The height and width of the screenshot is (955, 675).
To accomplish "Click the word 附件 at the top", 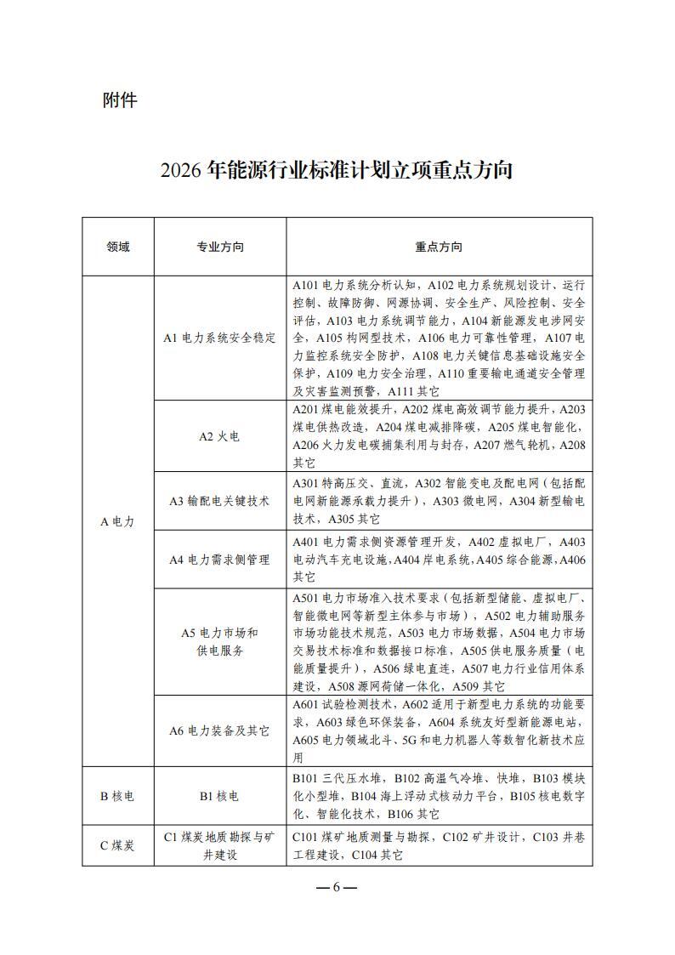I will pyautogui.click(x=119, y=99).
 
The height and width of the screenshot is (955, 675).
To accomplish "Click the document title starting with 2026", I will pyautogui.click(x=337, y=169).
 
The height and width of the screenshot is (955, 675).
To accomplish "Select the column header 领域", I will pyautogui.click(x=118, y=247).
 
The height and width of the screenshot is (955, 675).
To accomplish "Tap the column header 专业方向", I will pyautogui.click(x=219, y=247).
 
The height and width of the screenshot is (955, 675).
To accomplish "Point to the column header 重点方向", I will pyautogui.click(x=439, y=247).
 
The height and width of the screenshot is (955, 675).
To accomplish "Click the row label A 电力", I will pyautogui.click(x=118, y=521).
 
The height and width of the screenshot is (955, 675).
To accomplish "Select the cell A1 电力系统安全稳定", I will pyautogui.click(x=219, y=338).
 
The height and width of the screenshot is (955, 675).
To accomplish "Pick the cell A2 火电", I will pyautogui.click(x=219, y=436).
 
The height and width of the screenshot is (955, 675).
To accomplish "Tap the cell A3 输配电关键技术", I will pyautogui.click(x=219, y=501).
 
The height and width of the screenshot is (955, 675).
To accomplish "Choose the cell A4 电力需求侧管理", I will pyautogui.click(x=219, y=559).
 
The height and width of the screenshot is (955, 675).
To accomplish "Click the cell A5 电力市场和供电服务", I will pyautogui.click(x=219, y=641).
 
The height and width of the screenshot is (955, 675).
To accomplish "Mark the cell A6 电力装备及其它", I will pyautogui.click(x=219, y=730).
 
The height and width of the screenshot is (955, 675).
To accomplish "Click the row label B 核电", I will pyautogui.click(x=118, y=796).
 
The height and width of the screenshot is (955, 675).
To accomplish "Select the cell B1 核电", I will pyautogui.click(x=219, y=796).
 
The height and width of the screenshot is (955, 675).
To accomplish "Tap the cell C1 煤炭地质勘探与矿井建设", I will pyautogui.click(x=219, y=845).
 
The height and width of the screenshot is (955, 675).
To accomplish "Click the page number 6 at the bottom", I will pyautogui.click(x=337, y=887).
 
